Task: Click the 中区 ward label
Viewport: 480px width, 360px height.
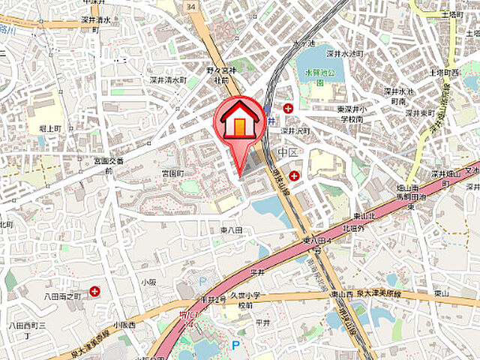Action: (x=287, y=152)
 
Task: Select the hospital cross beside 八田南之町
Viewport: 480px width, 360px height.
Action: (x=95, y=291)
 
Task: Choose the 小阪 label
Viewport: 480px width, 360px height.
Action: (x=148, y=282)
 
